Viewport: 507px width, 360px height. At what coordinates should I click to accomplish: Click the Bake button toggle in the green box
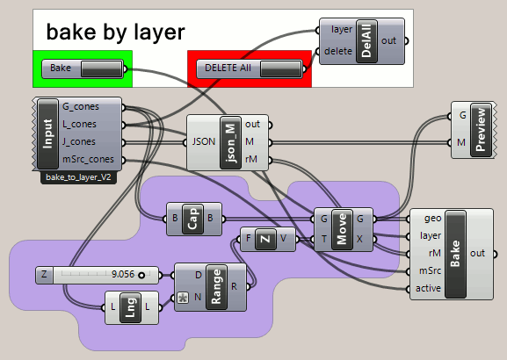click(102, 68)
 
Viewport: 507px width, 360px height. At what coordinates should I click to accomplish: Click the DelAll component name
click(366, 41)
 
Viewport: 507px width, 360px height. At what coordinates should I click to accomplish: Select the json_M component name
click(230, 142)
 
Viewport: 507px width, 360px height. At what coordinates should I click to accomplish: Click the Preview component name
click(482, 130)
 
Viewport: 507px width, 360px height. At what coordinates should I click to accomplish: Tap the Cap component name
click(192, 220)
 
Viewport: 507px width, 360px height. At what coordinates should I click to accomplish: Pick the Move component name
click(342, 229)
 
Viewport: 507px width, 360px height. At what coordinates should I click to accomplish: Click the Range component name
click(216, 287)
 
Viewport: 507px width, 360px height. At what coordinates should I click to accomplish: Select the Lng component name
click(130, 307)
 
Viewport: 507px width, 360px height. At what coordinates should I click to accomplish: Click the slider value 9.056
click(123, 274)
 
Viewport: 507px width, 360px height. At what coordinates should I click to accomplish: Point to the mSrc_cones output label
click(88, 159)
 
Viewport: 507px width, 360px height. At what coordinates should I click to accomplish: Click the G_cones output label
click(81, 106)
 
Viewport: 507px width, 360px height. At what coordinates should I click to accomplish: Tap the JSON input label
click(204, 142)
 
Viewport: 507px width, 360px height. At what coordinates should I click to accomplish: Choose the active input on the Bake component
click(428, 288)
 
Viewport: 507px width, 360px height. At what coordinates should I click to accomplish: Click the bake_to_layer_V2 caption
click(78, 177)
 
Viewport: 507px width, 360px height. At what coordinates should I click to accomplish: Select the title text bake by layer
click(115, 32)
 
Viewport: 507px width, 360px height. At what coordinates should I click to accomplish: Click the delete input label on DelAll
click(338, 51)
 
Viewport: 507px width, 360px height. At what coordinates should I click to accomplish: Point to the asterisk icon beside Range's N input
click(183, 298)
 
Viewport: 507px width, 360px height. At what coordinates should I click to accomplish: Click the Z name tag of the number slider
click(44, 275)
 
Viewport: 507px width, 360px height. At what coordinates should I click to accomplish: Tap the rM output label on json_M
click(251, 159)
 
